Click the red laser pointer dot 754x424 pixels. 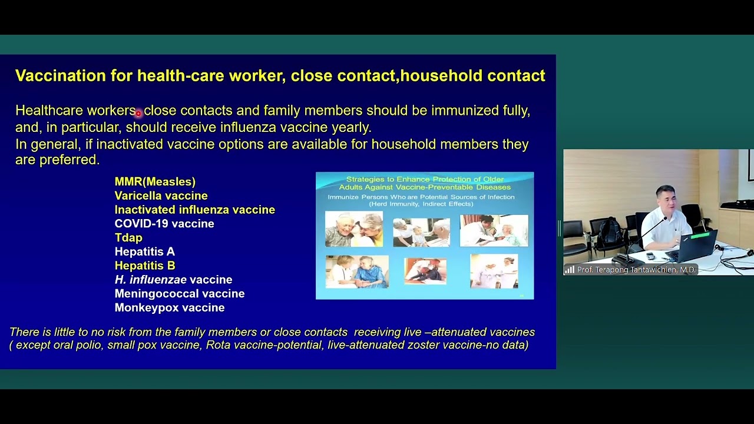[x=138, y=113]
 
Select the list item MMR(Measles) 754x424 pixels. [x=155, y=182]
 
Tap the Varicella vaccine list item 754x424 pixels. [x=161, y=196]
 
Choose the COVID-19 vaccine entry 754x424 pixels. [x=164, y=224]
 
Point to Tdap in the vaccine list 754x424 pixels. [x=128, y=238]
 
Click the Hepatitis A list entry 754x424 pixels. [x=144, y=252]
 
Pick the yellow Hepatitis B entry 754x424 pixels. [x=144, y=266]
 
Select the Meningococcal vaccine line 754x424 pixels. [x=179, y=294]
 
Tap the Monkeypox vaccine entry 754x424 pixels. [x=169, y=308]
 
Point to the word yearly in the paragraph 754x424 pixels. [x=350, y=127]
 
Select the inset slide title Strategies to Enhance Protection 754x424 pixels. [x=425, y=183]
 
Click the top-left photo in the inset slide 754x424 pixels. [x=353, y=229]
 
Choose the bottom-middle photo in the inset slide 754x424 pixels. [x=425, y=271]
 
